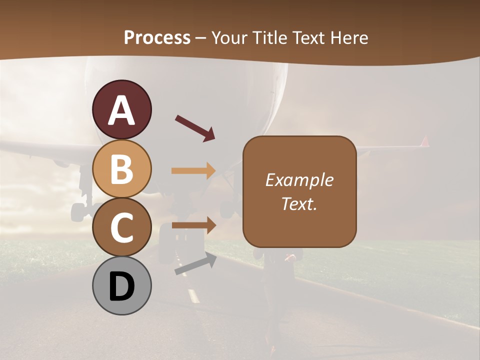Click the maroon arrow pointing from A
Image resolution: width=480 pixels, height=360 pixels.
pos(195,128)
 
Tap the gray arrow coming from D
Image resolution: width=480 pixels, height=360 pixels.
pos(195,264)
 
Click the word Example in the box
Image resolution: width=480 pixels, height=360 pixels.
pos(299,180)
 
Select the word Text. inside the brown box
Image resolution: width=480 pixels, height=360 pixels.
pos(299,203)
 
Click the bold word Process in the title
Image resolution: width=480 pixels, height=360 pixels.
pos(157,37)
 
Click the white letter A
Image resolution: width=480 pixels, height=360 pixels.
pos(122,110)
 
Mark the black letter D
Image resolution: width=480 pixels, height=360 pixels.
pos(122,287)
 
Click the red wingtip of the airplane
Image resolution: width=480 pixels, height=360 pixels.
pos(425,141)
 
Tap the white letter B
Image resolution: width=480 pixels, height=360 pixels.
pos(122,169)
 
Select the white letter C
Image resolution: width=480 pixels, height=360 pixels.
pos(122,227)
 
